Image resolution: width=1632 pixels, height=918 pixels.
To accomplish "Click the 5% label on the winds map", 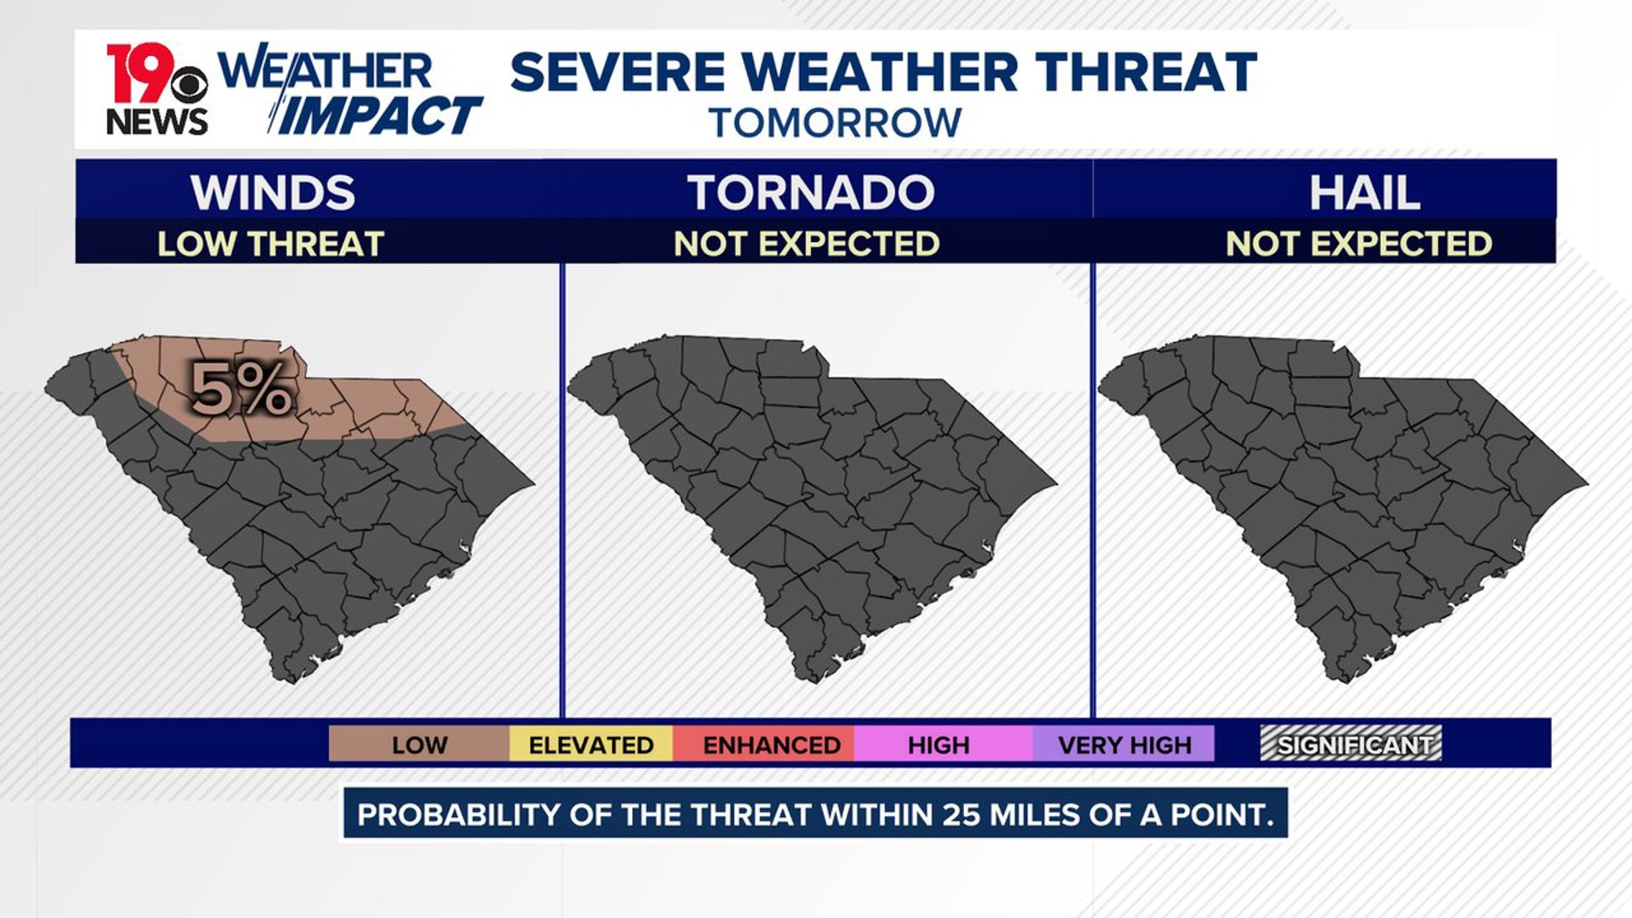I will (x=242, y=389).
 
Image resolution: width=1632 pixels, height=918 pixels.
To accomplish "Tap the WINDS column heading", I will (x=272, y=192).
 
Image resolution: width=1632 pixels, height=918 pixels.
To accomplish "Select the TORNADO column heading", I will (x=810, y=192).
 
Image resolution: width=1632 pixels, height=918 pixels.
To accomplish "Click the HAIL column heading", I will (x=1363, y=192).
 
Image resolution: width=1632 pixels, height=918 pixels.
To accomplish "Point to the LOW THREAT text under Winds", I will (x=270, y=244).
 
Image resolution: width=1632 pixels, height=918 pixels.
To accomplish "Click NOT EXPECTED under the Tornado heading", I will (x=806, y=244).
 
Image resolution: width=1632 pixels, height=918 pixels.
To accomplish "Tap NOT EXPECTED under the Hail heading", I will (x=1358, y=244).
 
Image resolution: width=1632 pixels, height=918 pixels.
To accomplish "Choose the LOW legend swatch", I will (x=418, y=745).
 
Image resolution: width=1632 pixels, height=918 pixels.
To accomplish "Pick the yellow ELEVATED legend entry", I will (x=591, y=745).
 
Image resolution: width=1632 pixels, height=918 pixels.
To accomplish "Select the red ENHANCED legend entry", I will (x=771, y=745).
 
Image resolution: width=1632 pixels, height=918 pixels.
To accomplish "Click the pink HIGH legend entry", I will (x=938, y=745).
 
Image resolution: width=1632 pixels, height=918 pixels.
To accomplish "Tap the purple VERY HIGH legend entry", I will (x=1124, y=745).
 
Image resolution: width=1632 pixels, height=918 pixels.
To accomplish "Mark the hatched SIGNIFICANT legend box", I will (x=1351, y=744).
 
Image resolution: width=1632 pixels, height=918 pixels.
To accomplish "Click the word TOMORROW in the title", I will (x=835, y=123).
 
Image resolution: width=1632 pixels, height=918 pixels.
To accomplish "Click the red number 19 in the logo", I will (x=136, y=72).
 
